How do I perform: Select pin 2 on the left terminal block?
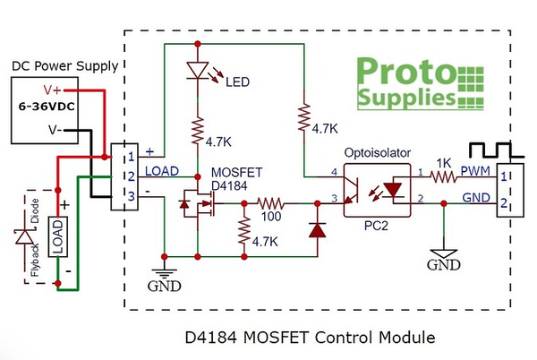[x=131, y=176]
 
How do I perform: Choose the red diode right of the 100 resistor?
[x=314, y=229]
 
